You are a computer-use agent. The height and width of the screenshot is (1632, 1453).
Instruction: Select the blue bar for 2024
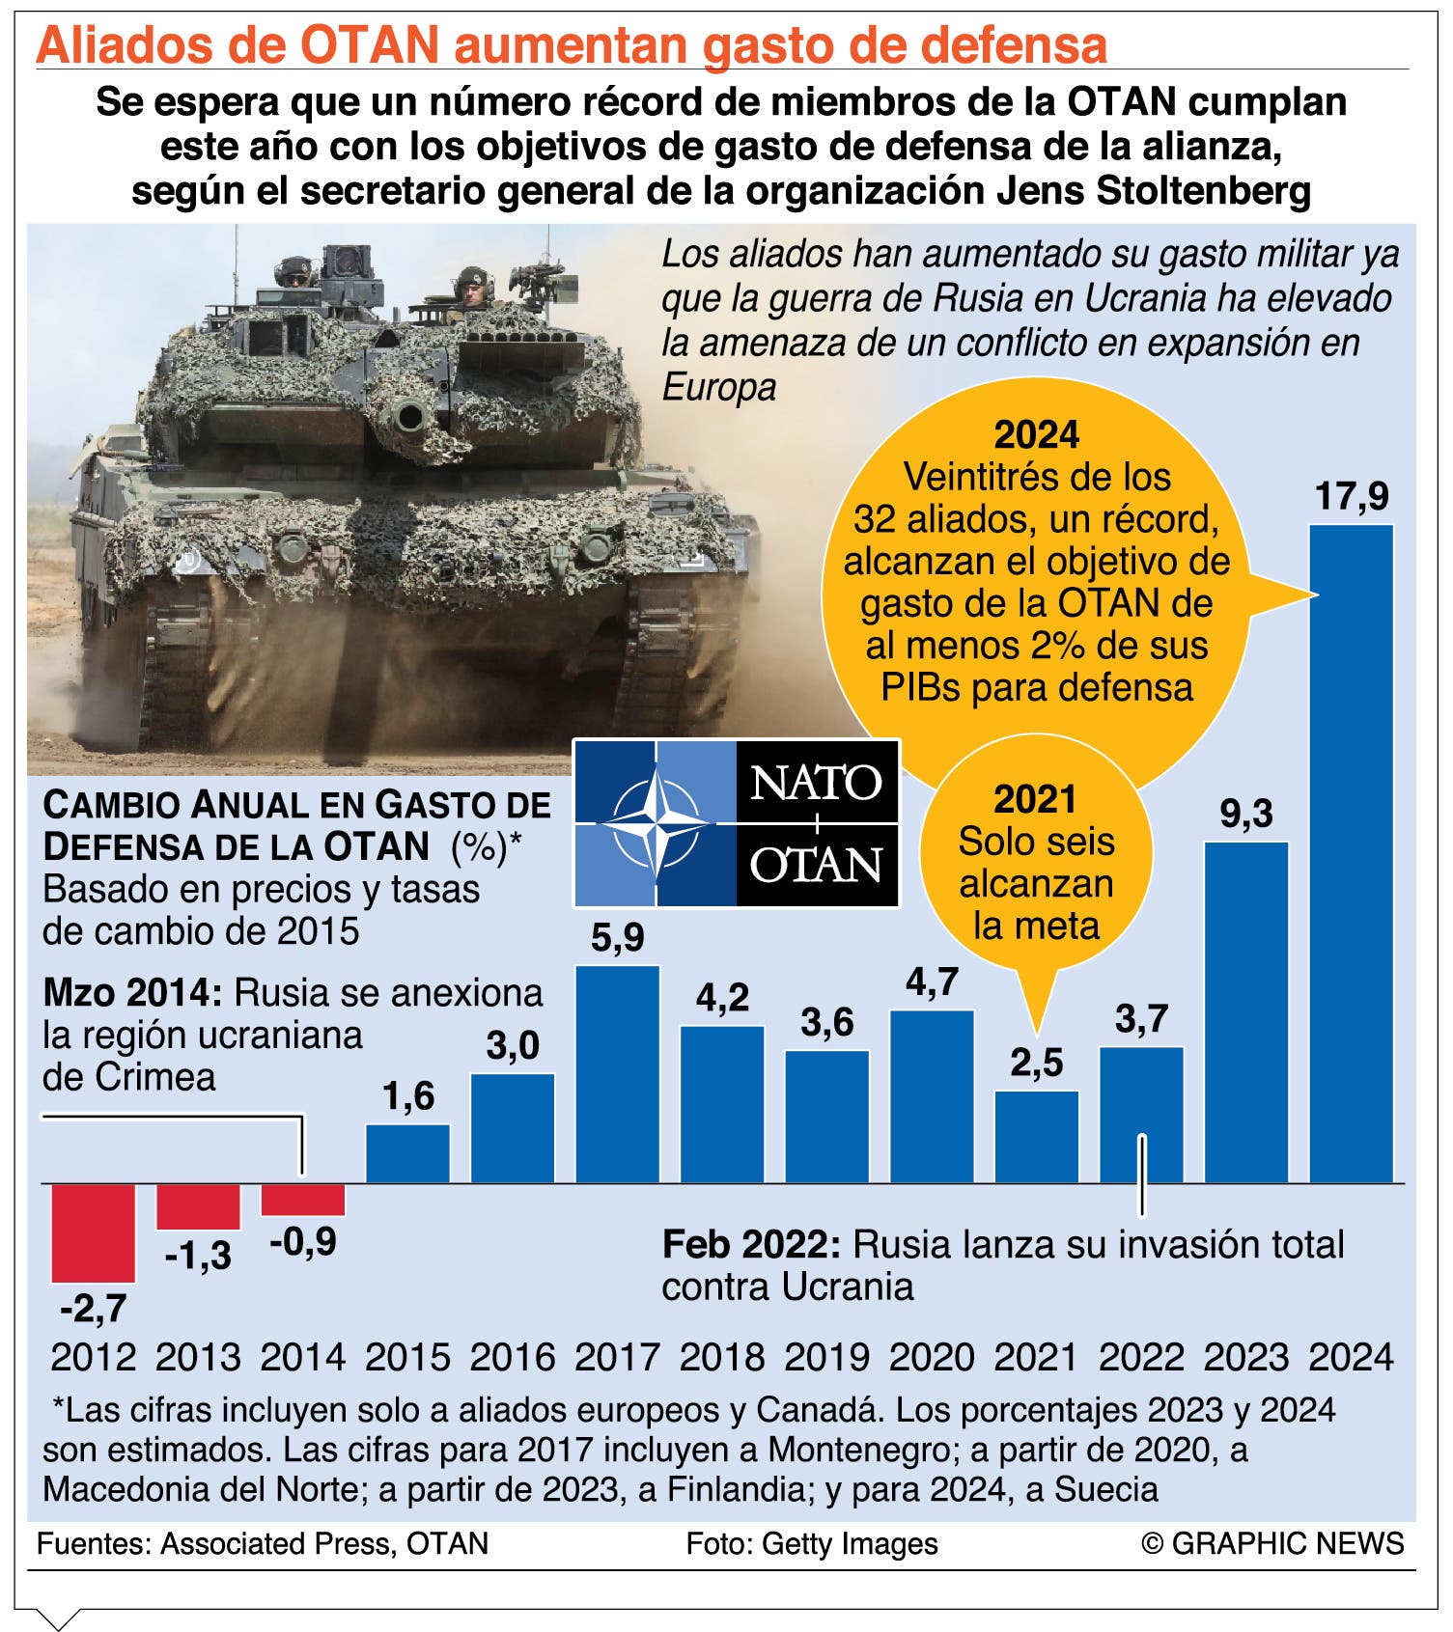[x=1351, y=853]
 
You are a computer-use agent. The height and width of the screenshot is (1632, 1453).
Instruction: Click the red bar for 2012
[x=93, y=1232]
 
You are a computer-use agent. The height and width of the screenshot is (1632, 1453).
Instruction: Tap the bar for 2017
[x=617, y=1073]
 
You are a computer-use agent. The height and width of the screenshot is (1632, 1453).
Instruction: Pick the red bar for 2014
[x=303, y=1200]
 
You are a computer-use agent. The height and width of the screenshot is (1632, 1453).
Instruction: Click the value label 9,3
[x=1246, y=813]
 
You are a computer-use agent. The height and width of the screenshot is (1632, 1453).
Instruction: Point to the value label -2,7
[x=93, y=1308]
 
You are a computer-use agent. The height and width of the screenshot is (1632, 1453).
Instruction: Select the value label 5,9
[x=617, y=936]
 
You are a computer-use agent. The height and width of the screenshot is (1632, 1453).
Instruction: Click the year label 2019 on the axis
[x=826, y=1357]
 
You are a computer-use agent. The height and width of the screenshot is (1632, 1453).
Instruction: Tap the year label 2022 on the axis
[x=1141, y=1357]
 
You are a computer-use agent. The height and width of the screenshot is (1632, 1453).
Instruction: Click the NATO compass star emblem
[x=656, y=823]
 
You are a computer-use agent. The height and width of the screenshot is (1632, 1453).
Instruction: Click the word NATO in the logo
[x=816, y=783]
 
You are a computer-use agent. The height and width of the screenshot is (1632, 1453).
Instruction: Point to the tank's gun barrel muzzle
[x=407, y=416]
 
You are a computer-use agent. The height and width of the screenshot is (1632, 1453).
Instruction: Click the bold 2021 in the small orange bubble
[x=1035, y=799]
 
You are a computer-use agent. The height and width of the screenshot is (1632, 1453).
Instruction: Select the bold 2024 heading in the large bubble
[x=1036, y=435]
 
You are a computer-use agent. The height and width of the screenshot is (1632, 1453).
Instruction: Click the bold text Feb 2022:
[x=751, y=1245]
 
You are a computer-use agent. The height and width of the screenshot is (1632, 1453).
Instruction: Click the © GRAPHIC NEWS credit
[x=1272, y=1543]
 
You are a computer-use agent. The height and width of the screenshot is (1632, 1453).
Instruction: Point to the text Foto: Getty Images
[x=811, y=1544]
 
